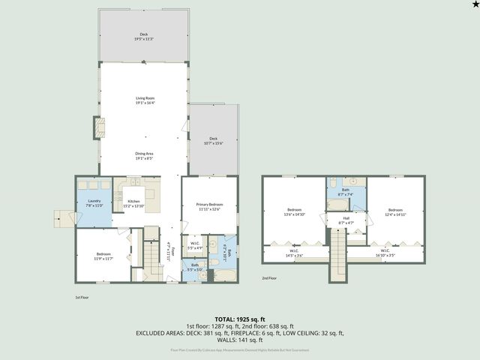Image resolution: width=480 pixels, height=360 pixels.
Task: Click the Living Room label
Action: tap(144, 100)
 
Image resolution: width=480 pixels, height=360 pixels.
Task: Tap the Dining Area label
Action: tap(144, 155)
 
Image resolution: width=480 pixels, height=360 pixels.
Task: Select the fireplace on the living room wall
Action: tap(97, 127)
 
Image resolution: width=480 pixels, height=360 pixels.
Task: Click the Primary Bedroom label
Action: tap(208, 206)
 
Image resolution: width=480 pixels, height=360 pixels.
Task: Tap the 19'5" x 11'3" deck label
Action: tap(143, 36)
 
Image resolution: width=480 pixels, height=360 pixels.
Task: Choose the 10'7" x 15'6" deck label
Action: tap(213, 140)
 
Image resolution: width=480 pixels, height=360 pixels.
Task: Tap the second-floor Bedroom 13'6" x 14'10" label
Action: tap(294, 211)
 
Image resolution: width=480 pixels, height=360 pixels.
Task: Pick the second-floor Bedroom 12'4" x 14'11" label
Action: tap(396, 211)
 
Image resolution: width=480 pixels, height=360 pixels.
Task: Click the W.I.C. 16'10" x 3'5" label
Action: tap(385, 253)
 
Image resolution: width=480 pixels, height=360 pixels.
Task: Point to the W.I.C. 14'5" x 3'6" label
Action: tap(294, 253)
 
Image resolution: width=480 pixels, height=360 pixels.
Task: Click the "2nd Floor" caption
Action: tap(270, 278)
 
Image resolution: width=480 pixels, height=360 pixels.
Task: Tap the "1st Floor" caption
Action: tap(82, 297)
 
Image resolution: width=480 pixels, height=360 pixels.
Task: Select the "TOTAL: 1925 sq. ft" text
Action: tap(239, 319)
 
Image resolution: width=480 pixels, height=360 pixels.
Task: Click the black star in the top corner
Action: tap(474, 5)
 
